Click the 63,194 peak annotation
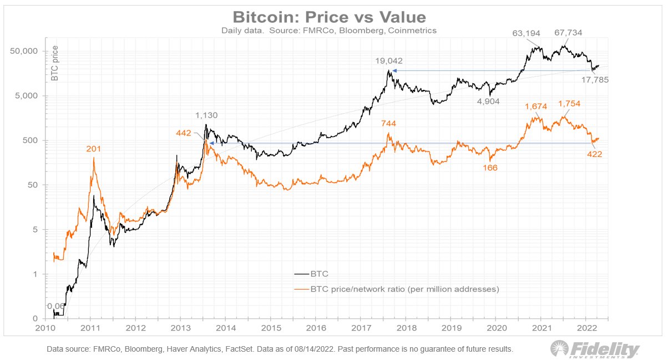tap(525, 34)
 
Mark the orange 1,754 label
tap(570, 104)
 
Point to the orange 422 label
tap(595, 154)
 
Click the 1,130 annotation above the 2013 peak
tap(206, 115)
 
